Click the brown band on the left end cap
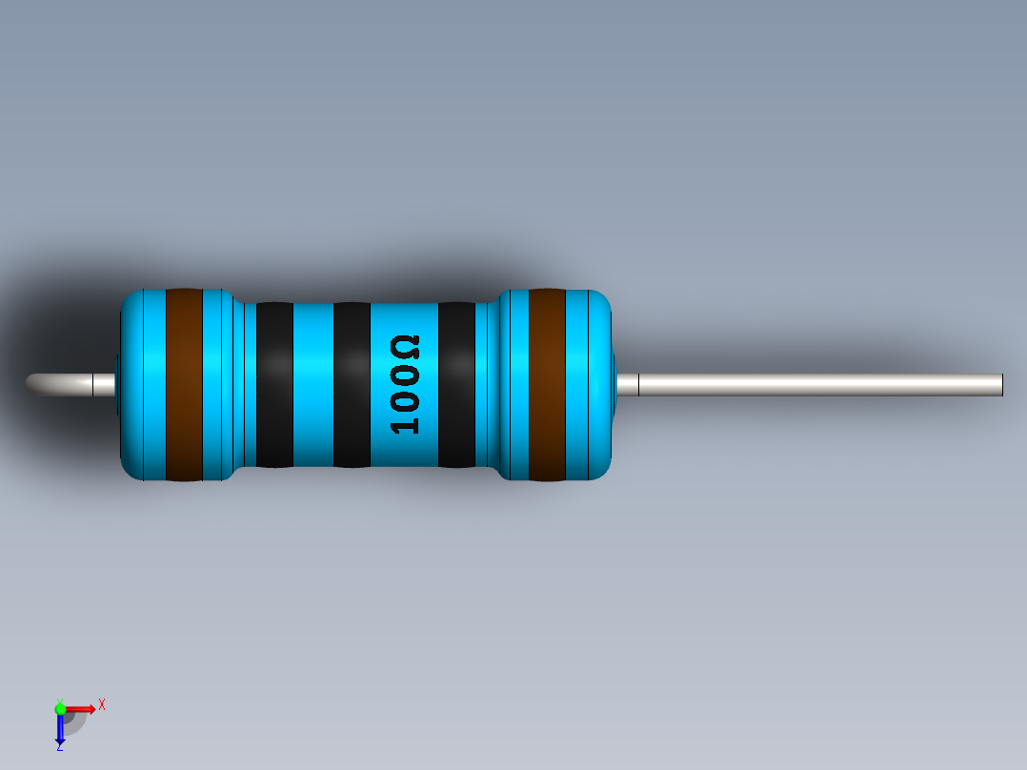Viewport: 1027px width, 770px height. click(x=184, y=384)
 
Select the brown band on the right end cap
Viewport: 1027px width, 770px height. click(x=547, y=384)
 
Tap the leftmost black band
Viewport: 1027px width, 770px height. click(x=274, y=384)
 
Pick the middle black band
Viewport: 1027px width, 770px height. click(x=352, y=384)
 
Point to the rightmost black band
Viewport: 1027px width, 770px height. click(x=456, y=384)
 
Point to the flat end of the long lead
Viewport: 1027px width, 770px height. click(x=1000, y=384)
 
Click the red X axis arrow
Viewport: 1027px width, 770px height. click(x=82, y=708)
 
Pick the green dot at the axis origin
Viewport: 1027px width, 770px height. click(x=60, y=708)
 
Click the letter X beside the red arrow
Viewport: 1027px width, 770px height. click(x=101, y=705)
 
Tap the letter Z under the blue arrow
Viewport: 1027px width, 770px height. click(x=59, y=747)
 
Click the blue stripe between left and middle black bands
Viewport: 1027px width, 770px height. click(x=312, y=384)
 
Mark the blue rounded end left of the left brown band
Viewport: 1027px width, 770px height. click(x=142, y=384)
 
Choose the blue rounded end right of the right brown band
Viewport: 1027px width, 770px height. click(x=590, y=384)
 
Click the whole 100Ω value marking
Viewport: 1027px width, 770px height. click(x=405, y=384)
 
